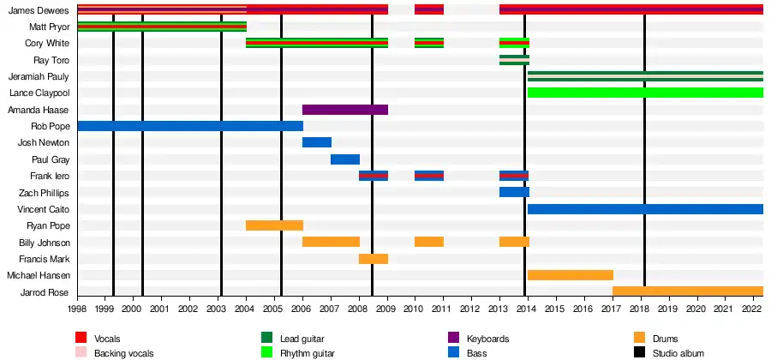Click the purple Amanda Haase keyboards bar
coord(345,110)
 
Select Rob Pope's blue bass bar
coord(189,126)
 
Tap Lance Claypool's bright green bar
coord(644,93)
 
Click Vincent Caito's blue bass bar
coord(644,209)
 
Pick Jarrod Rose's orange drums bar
coord(687,291)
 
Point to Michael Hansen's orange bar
coord(570,275)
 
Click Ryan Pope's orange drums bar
coord(274,225)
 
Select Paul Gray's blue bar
coord(345,159)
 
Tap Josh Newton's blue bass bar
coord(317,142)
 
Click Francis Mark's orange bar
coord(374,259)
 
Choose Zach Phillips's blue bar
coord(514,192)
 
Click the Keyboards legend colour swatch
coord(454,339)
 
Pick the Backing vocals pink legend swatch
coord(81,352)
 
